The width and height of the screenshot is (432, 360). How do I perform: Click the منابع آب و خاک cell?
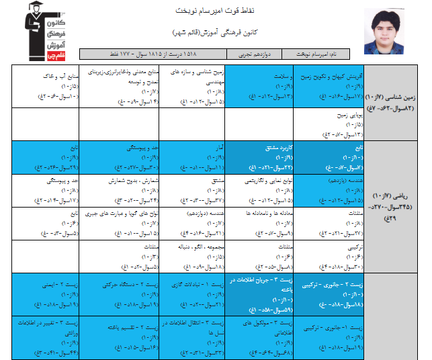tap(50, 86)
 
